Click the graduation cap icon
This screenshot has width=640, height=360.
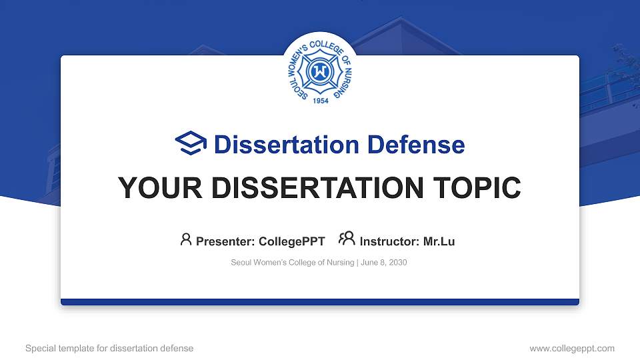tap(191, 144)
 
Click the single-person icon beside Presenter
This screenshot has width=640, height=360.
tap(186, 239)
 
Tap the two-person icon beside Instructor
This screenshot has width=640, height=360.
tap(347, 239)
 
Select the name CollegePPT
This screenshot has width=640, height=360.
tap(291, 241)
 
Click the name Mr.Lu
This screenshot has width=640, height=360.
tap(439, 241)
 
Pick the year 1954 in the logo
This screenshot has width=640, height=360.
tap(320, 101)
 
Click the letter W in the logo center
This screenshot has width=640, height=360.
tap(320, 71)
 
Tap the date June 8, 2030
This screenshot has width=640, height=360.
tap(385, 263)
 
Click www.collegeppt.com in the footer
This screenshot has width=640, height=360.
tap(571, 348)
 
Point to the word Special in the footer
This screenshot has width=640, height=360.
tap(41, 348)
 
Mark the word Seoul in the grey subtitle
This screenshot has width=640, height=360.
tap(241, 263)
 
